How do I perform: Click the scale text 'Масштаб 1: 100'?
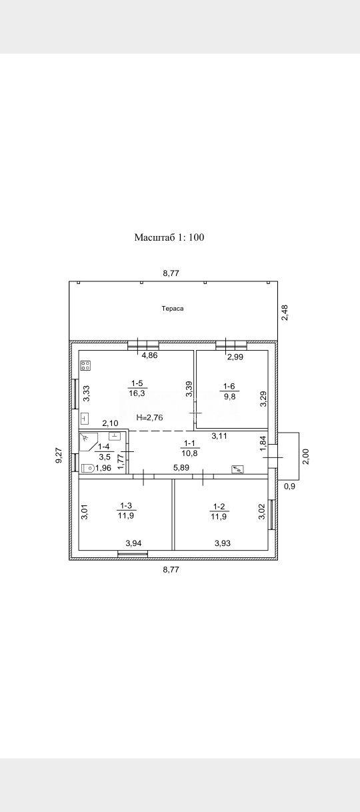pyautogui.click(x=169, y=237)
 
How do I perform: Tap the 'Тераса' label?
pyautogui.click(x=173, y=309)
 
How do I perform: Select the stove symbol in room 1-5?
pyautogui.click(x=86, y=366)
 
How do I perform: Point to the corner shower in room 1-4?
pyautogui.click(x=88, y=441)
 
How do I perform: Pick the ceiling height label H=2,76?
pyautogui.click(x=149, y=417)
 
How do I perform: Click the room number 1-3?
pyautogui.click(x=126, y=505)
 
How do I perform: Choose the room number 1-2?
pyautogui.click(x=219, y=507)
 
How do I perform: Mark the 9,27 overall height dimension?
pyautogui.click(x=59, y=455)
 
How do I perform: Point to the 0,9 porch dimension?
pyautogui.click(x=289, y=487)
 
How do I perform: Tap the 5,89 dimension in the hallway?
pyautogui.click(x=181, y=467)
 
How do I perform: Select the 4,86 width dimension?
pyautogui.click(x=149, y=355)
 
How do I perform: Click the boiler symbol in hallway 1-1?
pyautogui.click(x=238, y=470)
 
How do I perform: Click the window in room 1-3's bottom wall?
pyautogui.click(x=133, y=553)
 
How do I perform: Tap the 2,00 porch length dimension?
pyautogui.click(x=307, y=456)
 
